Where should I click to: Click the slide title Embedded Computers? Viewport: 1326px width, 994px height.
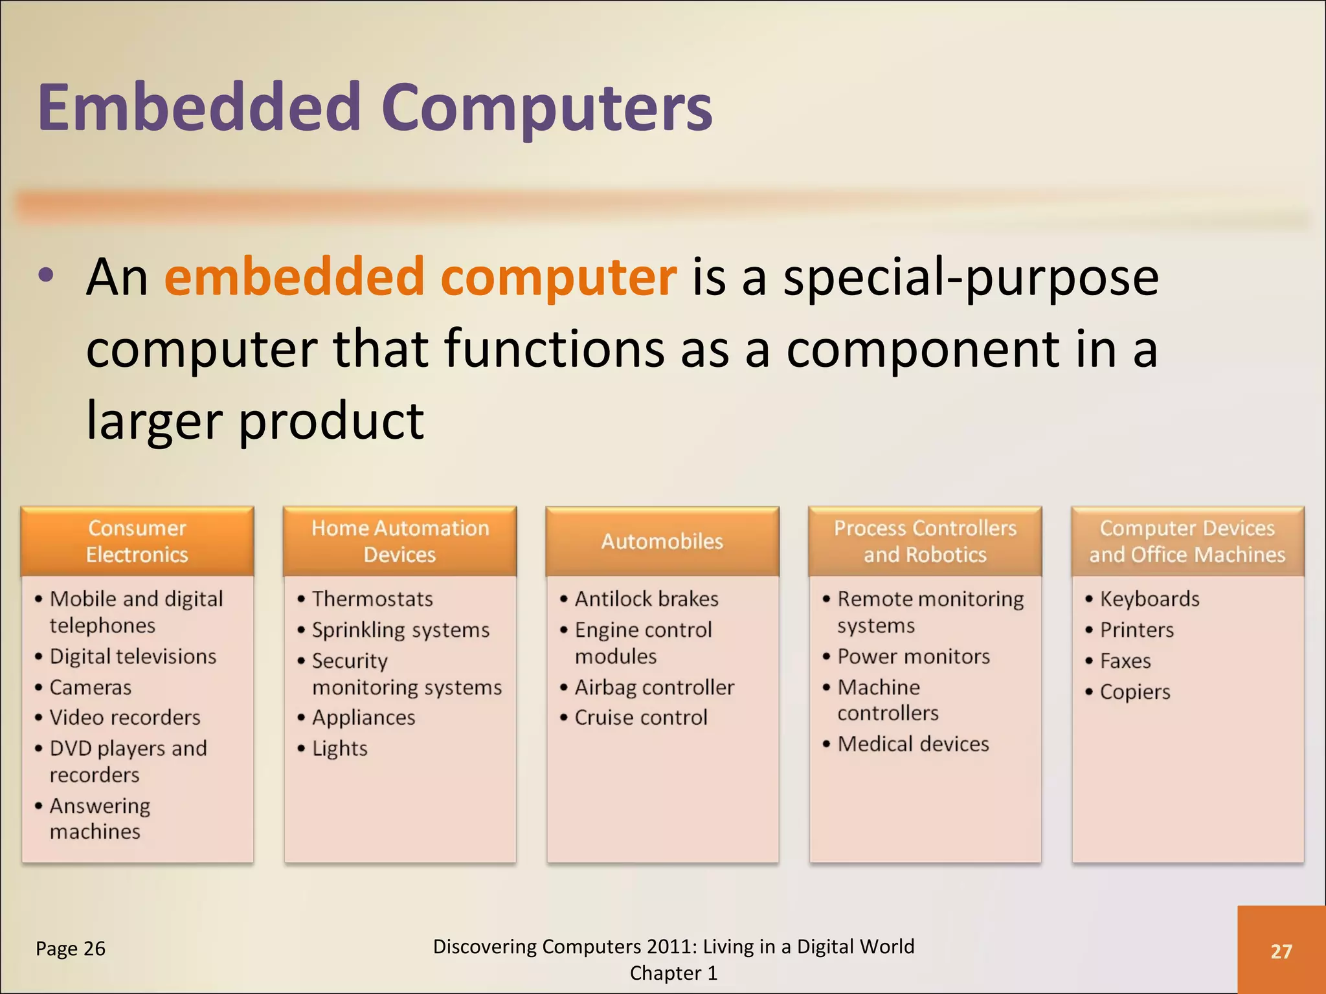(375, 108)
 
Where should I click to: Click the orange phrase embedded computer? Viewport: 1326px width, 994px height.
(420, 277)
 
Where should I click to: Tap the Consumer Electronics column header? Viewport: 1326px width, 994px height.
(137, 541)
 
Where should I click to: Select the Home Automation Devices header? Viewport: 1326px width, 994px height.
(399, 541)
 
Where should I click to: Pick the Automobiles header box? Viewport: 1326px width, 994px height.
(662, 541)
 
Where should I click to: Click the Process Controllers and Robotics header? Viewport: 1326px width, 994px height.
(925, 541)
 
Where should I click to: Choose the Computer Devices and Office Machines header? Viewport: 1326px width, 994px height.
(1187, 541)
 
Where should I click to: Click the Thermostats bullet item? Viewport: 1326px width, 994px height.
(372, 599)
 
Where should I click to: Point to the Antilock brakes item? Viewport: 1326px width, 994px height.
(646, 599)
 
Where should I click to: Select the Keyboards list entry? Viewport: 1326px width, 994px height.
(1149, 599)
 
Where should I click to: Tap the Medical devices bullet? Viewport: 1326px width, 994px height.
(913, 744)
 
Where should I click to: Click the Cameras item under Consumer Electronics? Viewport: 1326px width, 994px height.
(91, 687)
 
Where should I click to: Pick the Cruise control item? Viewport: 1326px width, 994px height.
(641, 718)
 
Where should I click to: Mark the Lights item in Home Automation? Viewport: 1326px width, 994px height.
(339, 749)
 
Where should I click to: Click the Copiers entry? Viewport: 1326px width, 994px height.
(1135, 692)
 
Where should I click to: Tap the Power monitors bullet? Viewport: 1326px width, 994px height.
(913, 656)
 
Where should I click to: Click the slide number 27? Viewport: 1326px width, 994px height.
(1281, 951)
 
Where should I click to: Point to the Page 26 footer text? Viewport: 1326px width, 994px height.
(71, 949)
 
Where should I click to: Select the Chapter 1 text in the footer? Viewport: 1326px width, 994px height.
(673, 973)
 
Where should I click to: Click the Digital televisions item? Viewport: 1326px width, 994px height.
(133, 656)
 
